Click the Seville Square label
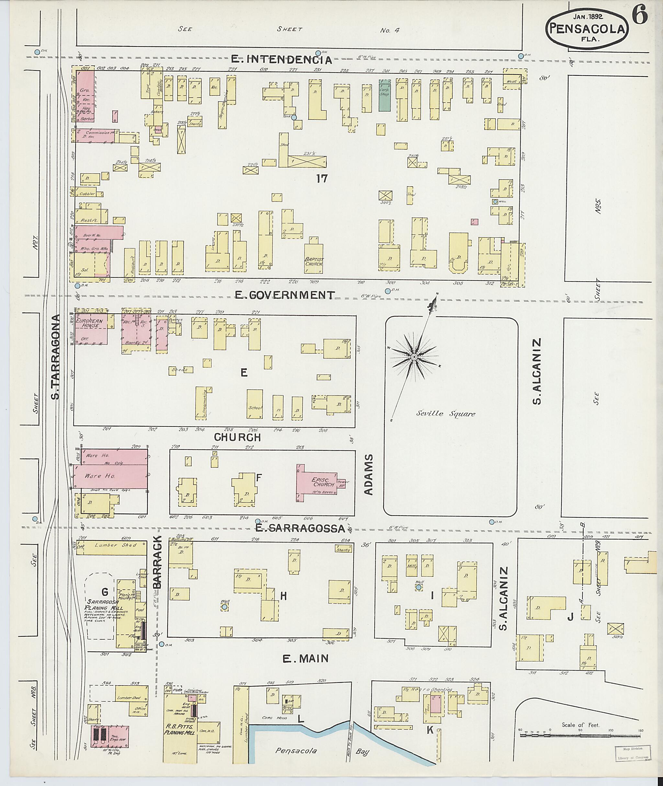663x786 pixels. coord(445,414)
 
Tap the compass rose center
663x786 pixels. coord(414,357)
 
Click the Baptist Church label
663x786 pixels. coord(314,261)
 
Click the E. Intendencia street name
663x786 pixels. coord(282,59)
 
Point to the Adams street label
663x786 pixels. coord(369,474)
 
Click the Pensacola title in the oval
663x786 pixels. coord(587,28)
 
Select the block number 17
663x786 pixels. coord(322,179)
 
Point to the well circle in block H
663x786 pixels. coord(224,607)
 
